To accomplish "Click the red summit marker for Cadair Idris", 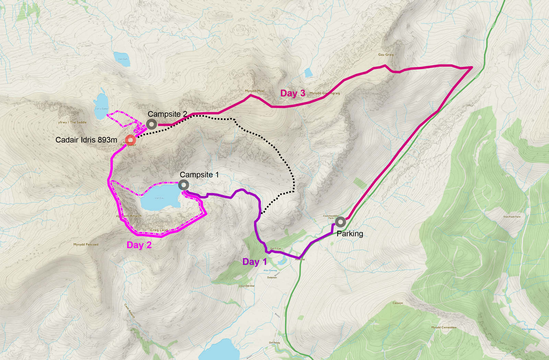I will [x=130, y=140].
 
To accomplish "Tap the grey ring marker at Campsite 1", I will [x=184, y=185].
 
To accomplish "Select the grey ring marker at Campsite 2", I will [x=151, y=124].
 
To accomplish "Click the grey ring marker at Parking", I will [x=340, y=222].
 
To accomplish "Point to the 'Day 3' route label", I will [x=292, y=93].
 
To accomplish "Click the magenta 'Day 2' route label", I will [x=139, y=245].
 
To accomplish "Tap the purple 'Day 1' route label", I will [x=254, y=262].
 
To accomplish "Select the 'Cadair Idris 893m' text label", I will [x=86, y=140].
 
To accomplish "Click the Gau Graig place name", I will [x=386, y=55].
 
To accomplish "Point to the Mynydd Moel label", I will [x=255, y=91].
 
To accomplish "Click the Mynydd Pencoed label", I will [x=86, y=244].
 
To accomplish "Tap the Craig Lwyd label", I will [x=159, y=230].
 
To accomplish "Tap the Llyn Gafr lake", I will [x=122, y=59].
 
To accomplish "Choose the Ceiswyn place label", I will [x=398, y=303].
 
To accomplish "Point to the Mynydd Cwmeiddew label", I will [x=444, y=327].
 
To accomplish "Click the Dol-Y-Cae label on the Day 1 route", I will [x=275, y=249].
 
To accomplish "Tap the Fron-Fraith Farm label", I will [x=512, y=217].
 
